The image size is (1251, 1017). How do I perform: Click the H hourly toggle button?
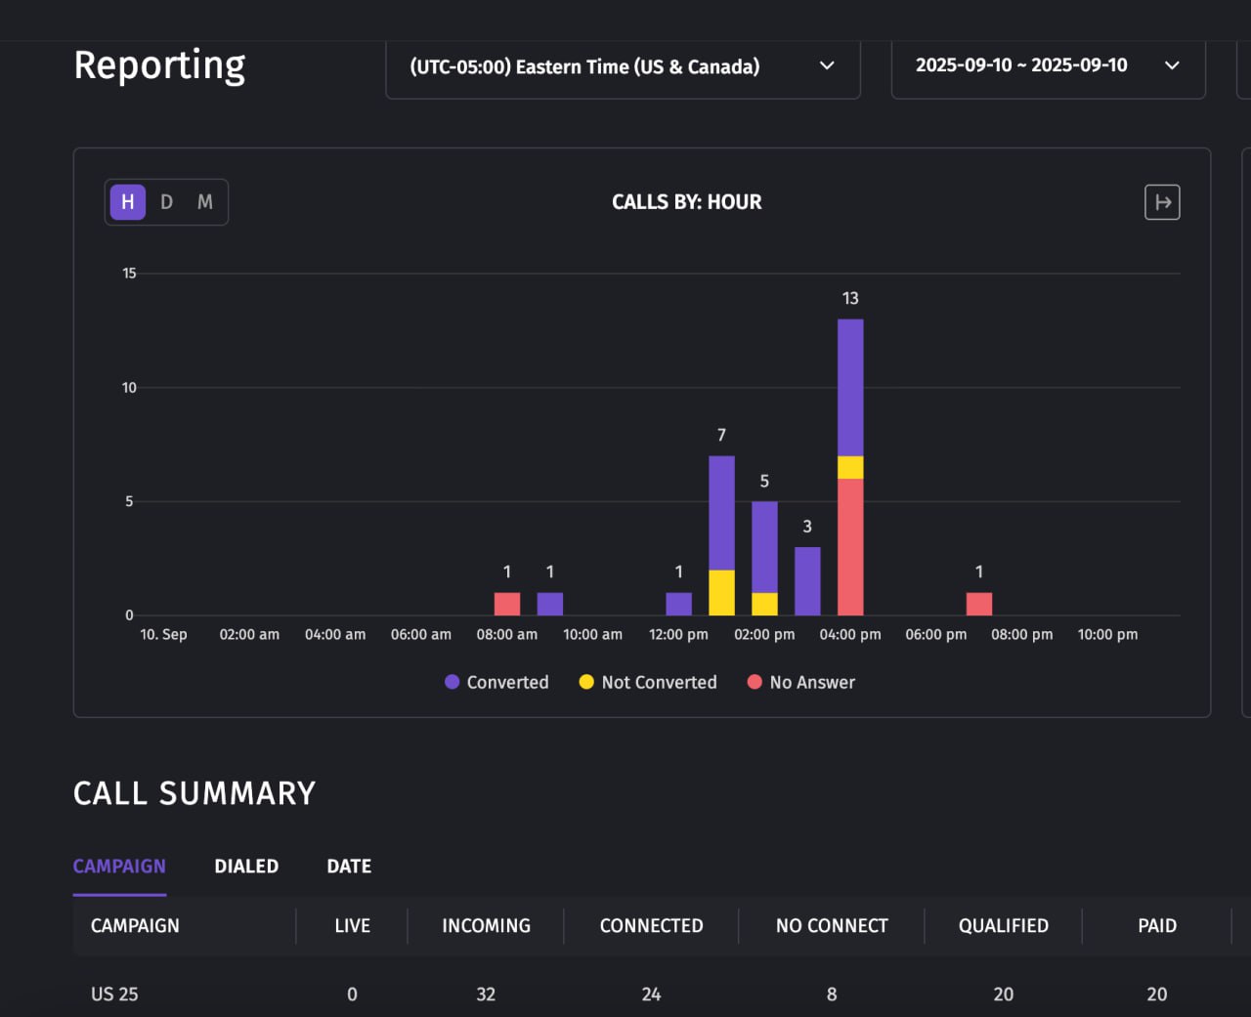pyautogui.click(x=127, y=202)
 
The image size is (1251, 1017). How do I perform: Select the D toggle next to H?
pyautogui.click(x=166, y=202)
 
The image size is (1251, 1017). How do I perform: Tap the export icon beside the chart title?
pyautogui.click(x=1162, y=202)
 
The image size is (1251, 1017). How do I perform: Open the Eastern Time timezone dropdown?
pyautogui.click(x=623, y=66)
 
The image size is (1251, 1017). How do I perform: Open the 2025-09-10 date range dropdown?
pyautogui.click(x=1047, y=65)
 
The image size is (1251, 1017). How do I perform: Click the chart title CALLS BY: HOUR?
pyautogui.click(x=686, y=202)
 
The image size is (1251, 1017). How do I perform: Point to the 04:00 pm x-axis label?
pyautogui.click(x=850, y=635)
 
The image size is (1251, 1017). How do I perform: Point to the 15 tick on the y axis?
pyautogui.click(x=129, y=274)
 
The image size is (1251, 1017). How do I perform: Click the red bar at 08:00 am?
pyautogui.click(x=507, y=604)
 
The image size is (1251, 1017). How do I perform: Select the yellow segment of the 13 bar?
pyautogui.click(x=850, y=467)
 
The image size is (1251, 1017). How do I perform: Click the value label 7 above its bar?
pyautogui.click(x=721, y=435)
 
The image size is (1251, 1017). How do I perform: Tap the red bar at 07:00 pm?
pyautogui.click(x=979, y=604)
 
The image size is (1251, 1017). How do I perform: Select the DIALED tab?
pyautogui.click(x=246, y=867)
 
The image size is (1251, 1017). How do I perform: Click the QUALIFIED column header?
pyautogui.click(x=1003, y=926)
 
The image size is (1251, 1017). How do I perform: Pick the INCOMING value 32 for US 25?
pyautogui.click(x=486, y=995)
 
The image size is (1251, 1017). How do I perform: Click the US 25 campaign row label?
pyautogui.click(x=114, y=995)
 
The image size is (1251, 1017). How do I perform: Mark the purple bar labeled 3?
pyautogui.click(x=807, y=581)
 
